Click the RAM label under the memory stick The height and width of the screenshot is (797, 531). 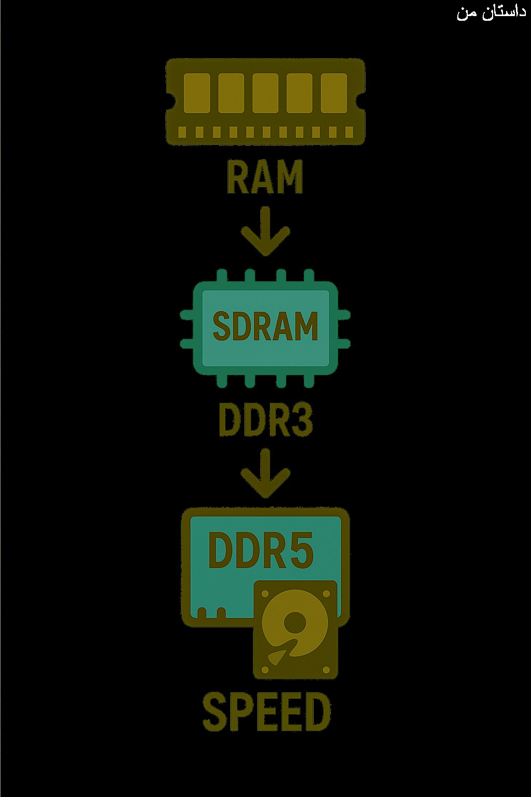click(x=265, y=176)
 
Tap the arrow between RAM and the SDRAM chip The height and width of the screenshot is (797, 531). click(x=265, y=231)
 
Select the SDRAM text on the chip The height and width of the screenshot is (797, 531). click(x=265, y=326)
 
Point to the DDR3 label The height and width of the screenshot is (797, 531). click(x=265, y=420)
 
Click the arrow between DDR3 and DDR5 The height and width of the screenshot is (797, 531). click(x=265, y=473)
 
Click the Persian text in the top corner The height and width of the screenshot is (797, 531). click(x=491, y=12)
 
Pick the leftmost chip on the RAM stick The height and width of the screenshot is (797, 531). click(x=197, y=93)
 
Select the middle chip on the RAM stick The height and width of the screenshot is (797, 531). click(x=265, y=93)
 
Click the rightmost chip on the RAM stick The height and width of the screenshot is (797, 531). click(x=334, y=93)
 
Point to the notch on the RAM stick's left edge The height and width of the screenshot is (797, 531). click(x=170, y=102)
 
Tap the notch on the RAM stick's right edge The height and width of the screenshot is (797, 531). click(x=360, y=102)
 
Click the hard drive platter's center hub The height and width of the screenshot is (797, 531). click(x=295, y=623)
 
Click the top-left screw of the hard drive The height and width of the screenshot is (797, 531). click(x=264, y=594)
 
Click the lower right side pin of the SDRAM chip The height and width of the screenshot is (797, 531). click(x=344, y=343)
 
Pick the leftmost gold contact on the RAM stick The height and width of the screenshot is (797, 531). click(x=182, y=132)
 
